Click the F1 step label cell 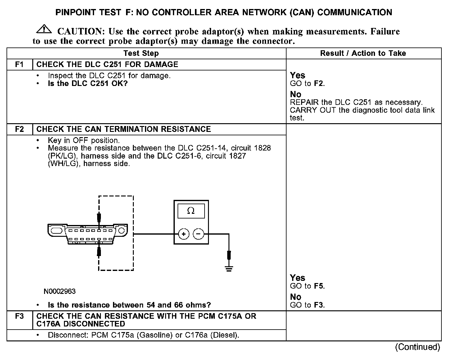(20, 65)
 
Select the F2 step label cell (20, 129)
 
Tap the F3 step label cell (20, 317)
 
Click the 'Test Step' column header (141, 53)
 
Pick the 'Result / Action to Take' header (363, 53)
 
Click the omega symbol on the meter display (191, 211)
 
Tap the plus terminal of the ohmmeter (183, 234)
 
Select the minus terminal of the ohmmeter (199, 234)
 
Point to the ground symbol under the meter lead (229, 268)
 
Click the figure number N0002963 (60, 291)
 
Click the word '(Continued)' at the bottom (417, 347)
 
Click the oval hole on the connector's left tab (56, 231)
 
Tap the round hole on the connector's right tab (121, 231)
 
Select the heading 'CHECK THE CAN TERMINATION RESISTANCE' (124, 129)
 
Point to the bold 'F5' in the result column (319, 286)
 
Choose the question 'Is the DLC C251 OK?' (88, 83)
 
